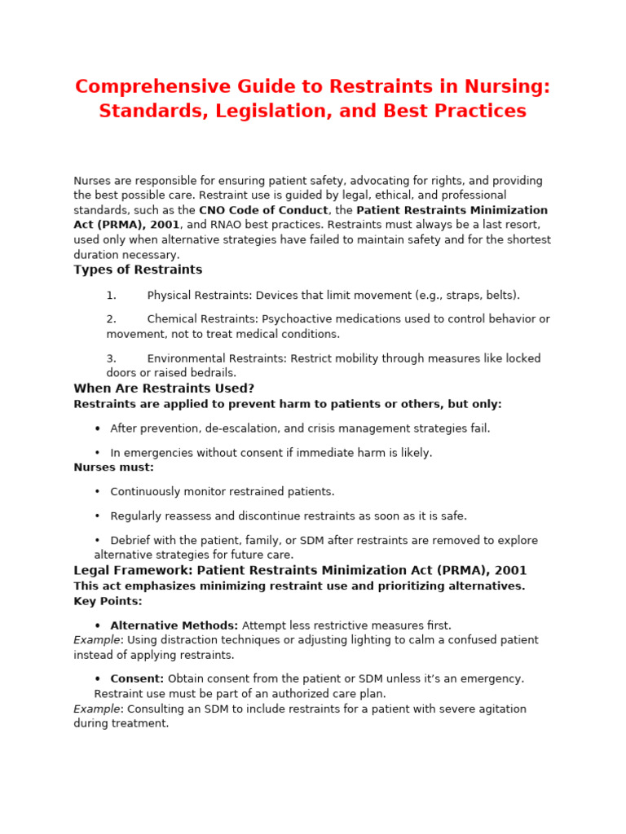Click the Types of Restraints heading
138,270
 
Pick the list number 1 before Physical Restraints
111,296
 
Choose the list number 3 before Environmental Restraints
111,358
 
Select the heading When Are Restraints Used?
164,388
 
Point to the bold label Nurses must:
113,467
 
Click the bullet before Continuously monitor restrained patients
97,492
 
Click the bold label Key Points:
108,601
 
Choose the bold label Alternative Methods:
174,625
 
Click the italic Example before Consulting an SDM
96,709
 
